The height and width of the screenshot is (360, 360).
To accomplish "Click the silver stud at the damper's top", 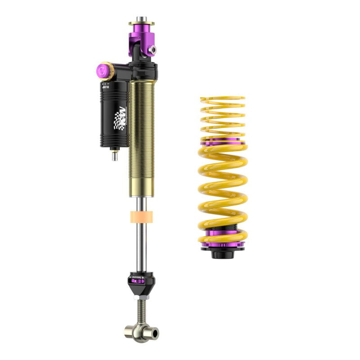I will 141,19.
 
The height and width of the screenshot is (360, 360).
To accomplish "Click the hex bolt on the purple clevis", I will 153,49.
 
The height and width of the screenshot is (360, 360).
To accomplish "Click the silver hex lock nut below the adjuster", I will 141,297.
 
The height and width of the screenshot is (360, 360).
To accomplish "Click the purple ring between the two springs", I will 223,142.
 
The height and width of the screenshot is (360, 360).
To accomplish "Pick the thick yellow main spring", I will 223,189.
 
